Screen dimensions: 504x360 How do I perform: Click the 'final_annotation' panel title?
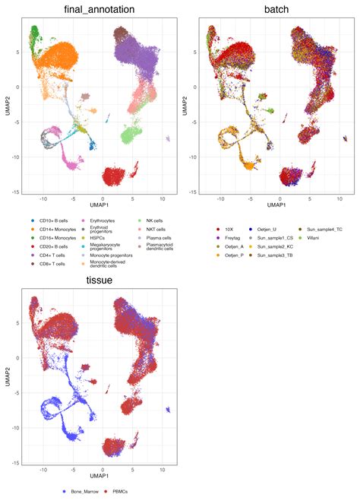click(x=95, y=10)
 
